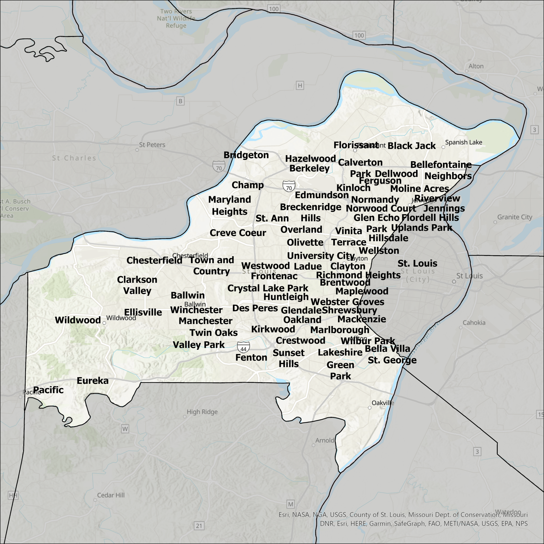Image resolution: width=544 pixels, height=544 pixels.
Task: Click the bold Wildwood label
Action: tap(78, 320)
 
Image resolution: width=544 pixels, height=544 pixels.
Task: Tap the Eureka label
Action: tap(93, 381)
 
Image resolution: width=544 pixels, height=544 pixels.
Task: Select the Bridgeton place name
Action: tap(246, 155)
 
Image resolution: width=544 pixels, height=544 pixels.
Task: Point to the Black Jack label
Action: tap(411, 146)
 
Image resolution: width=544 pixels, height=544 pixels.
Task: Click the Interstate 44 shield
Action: tap(243, 347)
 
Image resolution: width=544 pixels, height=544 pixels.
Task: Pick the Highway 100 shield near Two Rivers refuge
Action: tap(273, 9)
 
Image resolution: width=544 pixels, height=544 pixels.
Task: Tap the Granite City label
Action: tap(514, 217)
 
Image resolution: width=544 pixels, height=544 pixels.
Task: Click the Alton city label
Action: tap(476, 66)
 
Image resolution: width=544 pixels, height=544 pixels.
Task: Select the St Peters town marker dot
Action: tap(137, 150)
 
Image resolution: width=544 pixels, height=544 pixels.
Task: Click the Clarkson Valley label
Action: tap(137, 285)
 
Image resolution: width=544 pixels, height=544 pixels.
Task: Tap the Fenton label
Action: tap(251, 358)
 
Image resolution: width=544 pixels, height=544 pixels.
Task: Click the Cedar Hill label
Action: tap(111, 495)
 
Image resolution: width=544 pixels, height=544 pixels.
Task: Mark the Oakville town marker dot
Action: tap(369, 407)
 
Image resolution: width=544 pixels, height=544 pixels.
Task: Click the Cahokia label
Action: tap(474, 323)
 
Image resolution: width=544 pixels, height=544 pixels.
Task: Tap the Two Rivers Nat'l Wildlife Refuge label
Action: tap(176, 18)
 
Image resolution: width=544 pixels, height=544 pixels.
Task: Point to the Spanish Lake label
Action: tap(463, 142)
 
